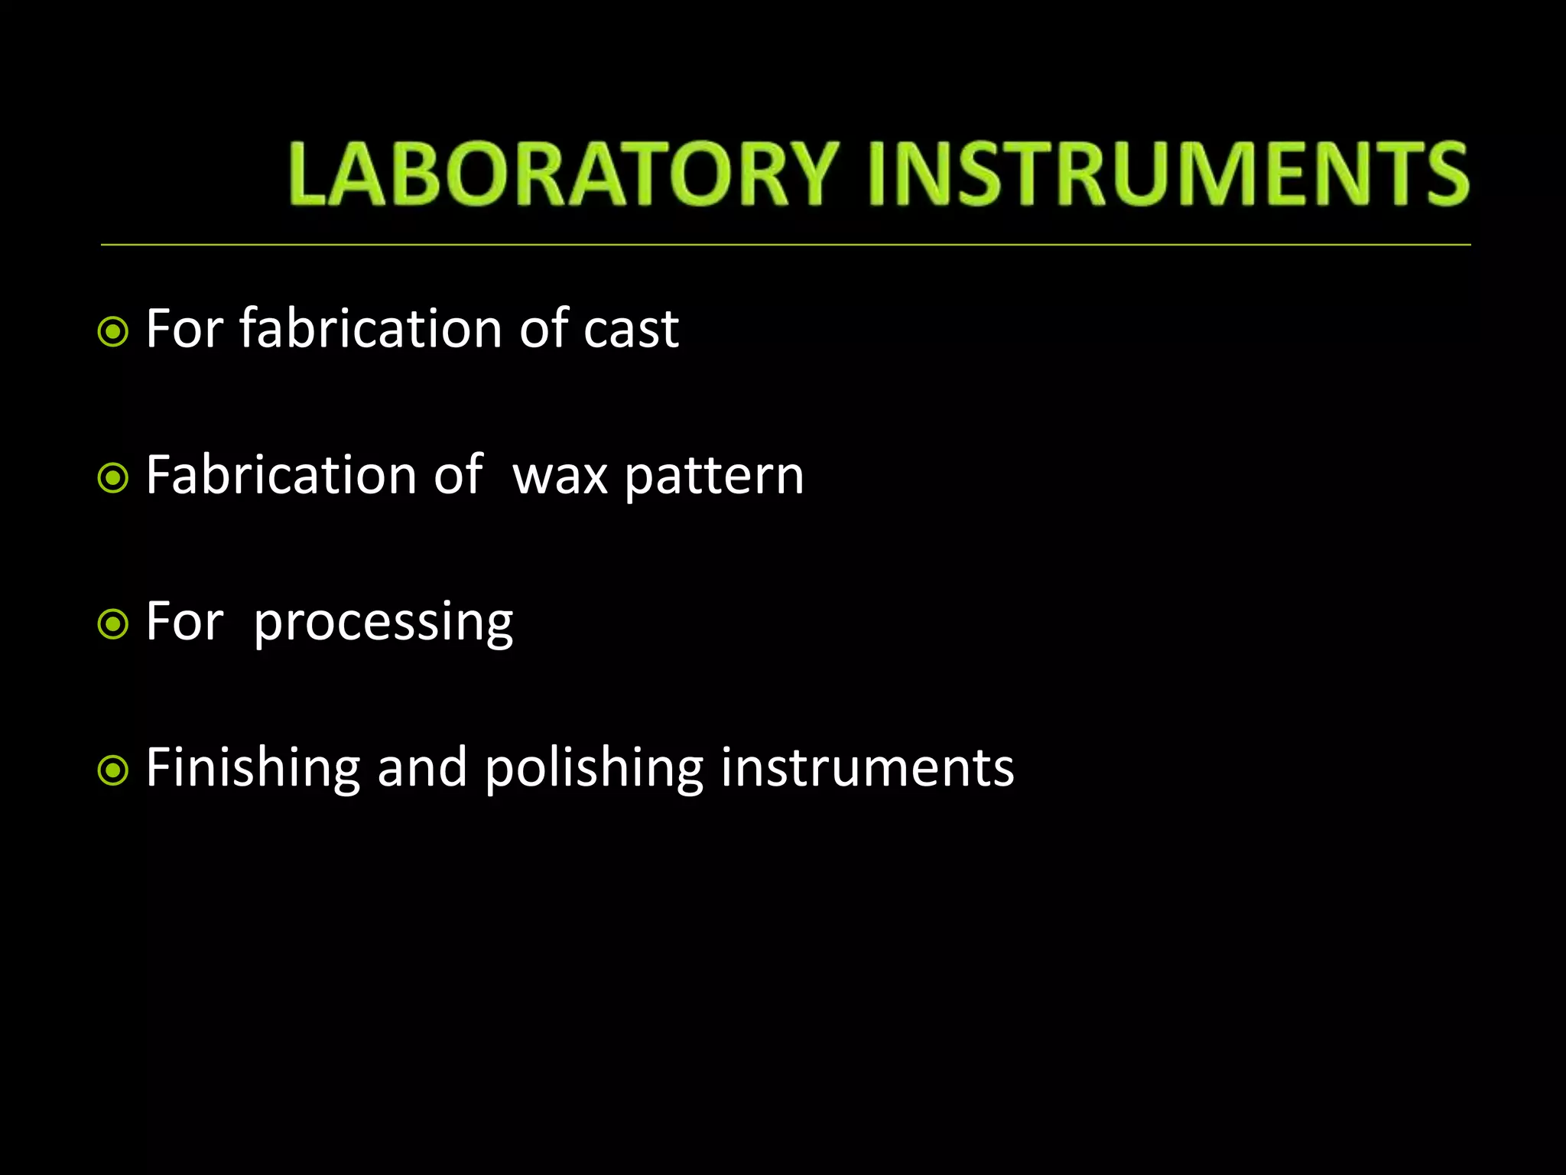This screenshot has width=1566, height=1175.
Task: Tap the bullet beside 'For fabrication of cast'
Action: coord(113,332)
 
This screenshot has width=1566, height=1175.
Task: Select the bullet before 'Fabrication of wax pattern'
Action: coord(113,478)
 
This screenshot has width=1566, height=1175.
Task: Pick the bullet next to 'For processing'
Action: coord(113,624)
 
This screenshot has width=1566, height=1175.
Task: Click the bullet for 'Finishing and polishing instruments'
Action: coord(113,770)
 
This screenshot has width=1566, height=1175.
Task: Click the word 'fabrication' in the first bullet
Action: coord(371,329)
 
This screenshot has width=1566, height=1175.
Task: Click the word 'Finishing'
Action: coord(252,769)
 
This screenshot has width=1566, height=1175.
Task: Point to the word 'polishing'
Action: coord(594,769)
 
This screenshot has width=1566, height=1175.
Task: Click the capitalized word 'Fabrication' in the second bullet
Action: coord(281,475)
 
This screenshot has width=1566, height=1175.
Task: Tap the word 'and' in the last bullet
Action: coord(422,769)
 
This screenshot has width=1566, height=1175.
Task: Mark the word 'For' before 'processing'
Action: coord(184,621)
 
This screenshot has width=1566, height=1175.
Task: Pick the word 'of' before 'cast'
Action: coord(543,329)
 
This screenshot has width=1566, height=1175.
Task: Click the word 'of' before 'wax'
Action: coord(458,475)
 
